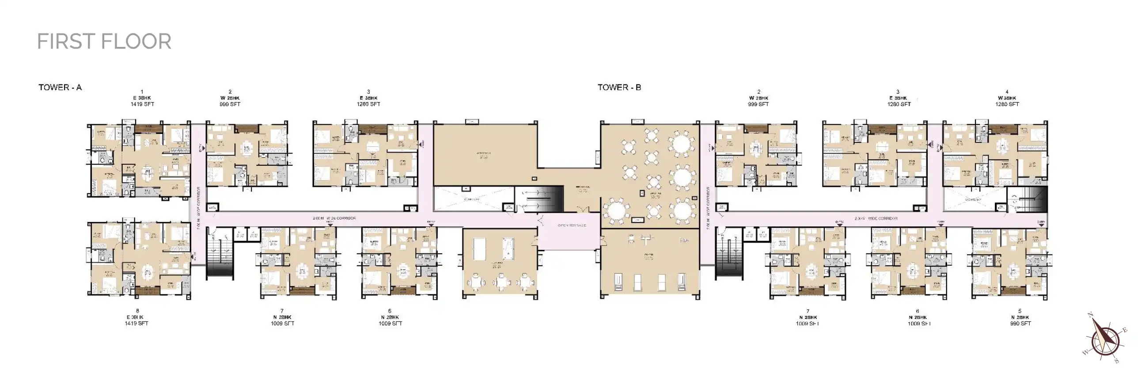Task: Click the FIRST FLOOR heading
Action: pyautogui.click(x=104, y=42)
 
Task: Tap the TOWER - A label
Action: pyautogui.click(x=60, y=88)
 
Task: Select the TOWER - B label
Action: pyautogui.click(x=619, y=88)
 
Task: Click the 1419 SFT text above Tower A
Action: pyautogui.click(x=142, y=104)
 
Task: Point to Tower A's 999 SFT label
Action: pyautogui.click(x=229, y=104)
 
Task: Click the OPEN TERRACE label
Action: pyautogui.click(x=572, y=225)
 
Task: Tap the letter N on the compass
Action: pyautogui.click(x=1090, y=315)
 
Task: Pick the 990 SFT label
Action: pyautogui.click(x=1020, y=324)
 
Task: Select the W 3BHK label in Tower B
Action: pyautogui.click(x=1007, y=98)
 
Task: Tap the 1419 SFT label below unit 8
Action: pyautogui.click(x=136, y=324)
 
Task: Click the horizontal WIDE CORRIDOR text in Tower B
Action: pyautogui.click(x=876, y=219)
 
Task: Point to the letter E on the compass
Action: pyautogui.click(x=1125, y=329)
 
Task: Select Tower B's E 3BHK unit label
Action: pyautogui.click(x=898, y=98)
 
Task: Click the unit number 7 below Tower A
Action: pyautogui.click(x=282, y=311)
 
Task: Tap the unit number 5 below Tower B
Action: pyautogui.click(x=1020, y=311)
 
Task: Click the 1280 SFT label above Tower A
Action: pyautogui.click(x=368, y=104)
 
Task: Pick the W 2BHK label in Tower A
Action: pyautogui.click(x=229, y=98)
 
